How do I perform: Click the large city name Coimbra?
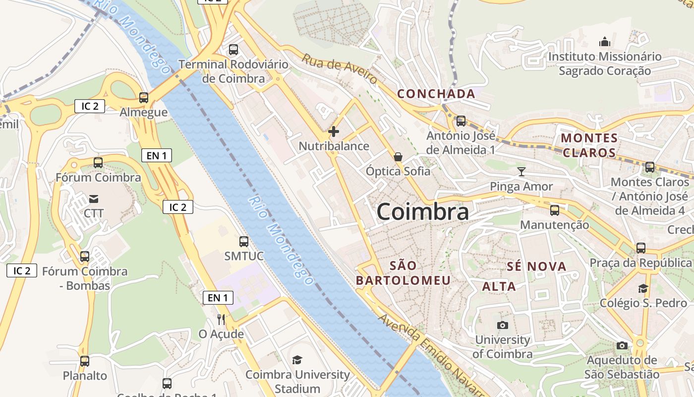pyautogui.click(x=422, y=212)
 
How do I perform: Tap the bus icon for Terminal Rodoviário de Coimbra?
pyautogui.click(x=233, y=50)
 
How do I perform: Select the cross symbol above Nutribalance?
pyautogui.click(x=334, y=132)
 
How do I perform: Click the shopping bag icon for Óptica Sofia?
pyautogui.click(x=398, y=157)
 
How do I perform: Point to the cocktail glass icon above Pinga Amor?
pyautogui.click(x=521, y=172)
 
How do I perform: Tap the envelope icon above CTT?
pyautogui.click(x=94, y=199)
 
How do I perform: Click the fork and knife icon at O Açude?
pyautogui.click(x=221, y=319)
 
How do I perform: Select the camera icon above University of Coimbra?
pyautogui.click(x=502, y=325)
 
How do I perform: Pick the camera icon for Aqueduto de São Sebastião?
pyautogui.click(x=622, y=345)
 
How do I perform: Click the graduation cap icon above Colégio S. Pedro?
pyautogui.click(x=643, y=288)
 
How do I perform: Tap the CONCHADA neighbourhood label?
pyautogui.click(x=436, y=93)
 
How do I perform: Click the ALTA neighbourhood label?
pyautogui.click(x=499, y=286)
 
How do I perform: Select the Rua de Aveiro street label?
pyautogui.click(x=340, y=69)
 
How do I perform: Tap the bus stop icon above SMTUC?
pyautogui.click(x=243, y=242)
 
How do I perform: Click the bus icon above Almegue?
pyautogui.click(x=143, y=98)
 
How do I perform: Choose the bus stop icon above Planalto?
pyautogui.click(x=85, y=361)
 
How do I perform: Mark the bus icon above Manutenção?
pyautogui.click(x=554, y=210)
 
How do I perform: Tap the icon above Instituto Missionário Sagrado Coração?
pyautogui.click(x=604, y=42)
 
